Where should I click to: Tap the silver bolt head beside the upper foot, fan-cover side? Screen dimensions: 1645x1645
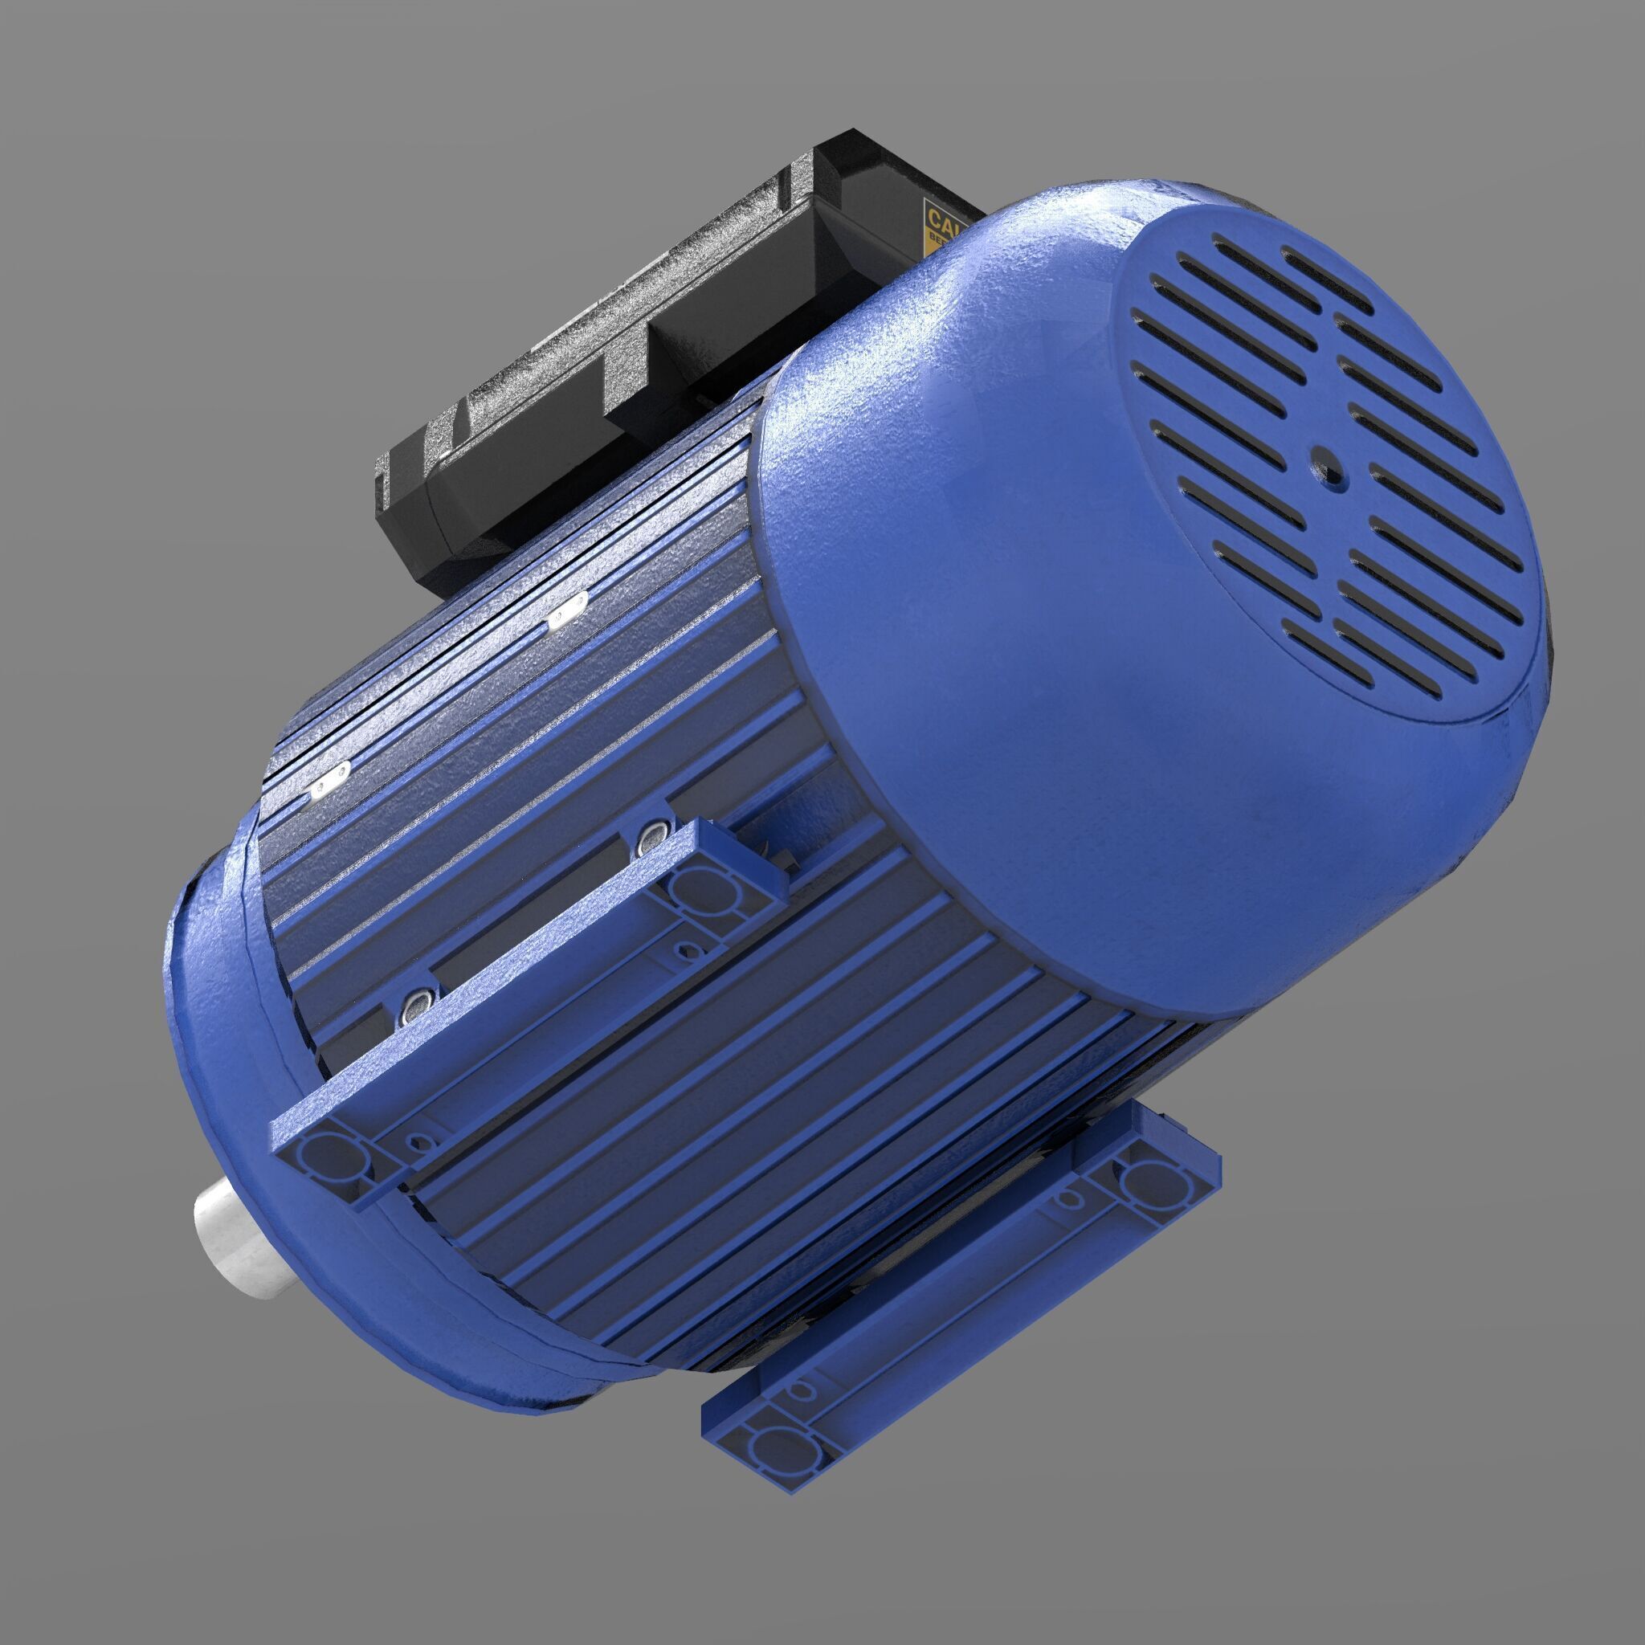pyautogui.click(x=652, y=839)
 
